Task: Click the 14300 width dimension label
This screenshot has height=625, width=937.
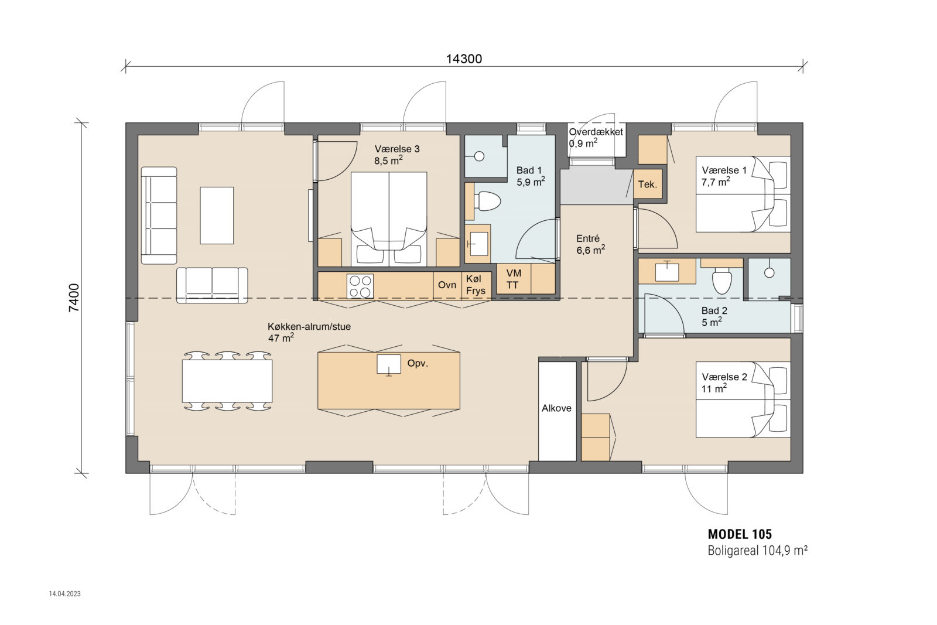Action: [x=464, y=59]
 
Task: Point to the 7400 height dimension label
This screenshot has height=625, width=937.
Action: [x=74, y=298]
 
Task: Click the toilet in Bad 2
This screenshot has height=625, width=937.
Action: [x=721, y=282]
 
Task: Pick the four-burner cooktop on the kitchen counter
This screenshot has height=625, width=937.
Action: [x=360, y=286]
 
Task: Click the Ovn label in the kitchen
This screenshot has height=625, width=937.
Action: [x=447, y=285]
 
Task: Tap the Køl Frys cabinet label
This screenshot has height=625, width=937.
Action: [x=476, y=285]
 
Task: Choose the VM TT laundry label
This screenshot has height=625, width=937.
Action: [x=513, y=279]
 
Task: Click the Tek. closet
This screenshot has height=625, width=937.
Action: [x=648, y=184]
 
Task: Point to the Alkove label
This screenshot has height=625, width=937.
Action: [x=556, y=408]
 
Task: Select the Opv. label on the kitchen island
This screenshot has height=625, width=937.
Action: [x=418, y=363]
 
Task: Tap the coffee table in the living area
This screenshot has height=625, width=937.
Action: [x=217, y=215]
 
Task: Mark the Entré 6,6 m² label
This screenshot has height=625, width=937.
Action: [x=590, y=244]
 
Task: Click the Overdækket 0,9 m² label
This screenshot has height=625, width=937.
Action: [x=595, y=138]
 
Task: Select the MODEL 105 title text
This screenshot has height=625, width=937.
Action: [x=740, y=534]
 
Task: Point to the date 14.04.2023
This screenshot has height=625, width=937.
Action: [x=65, y=593]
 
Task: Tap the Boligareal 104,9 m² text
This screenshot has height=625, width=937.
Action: [x=757, y=551]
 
